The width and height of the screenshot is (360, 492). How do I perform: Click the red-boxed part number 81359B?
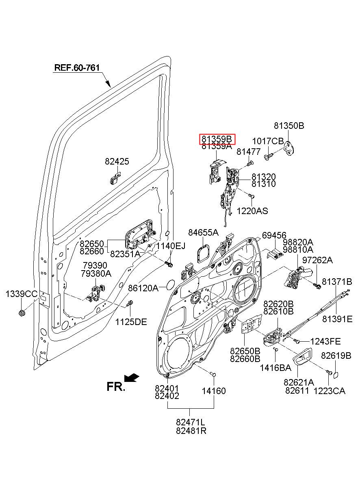click(x=217, y=139)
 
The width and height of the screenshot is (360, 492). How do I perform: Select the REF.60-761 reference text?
click(x=77, y=68)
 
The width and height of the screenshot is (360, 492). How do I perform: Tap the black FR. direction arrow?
click(x=131, y=377)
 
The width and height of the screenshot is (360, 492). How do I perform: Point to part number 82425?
click(x=117, y=161)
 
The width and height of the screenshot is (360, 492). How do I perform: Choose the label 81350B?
click(x=289, y=126)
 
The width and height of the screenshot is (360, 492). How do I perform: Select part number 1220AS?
click(x=252, y=211)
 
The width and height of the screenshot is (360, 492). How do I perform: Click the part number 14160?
click(x=214, y=391)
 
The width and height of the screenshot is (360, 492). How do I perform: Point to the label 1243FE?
click(x=325, y=342)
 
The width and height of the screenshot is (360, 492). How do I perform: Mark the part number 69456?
click(x=274, y=236)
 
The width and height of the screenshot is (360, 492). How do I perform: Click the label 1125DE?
click(x=131, y=322)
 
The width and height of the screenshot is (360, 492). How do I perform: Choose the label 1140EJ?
click(x=171, y=246)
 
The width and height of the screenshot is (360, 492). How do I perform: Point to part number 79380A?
click(x=96, y=273)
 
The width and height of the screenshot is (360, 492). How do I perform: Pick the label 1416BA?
click(x=275, y=368)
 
